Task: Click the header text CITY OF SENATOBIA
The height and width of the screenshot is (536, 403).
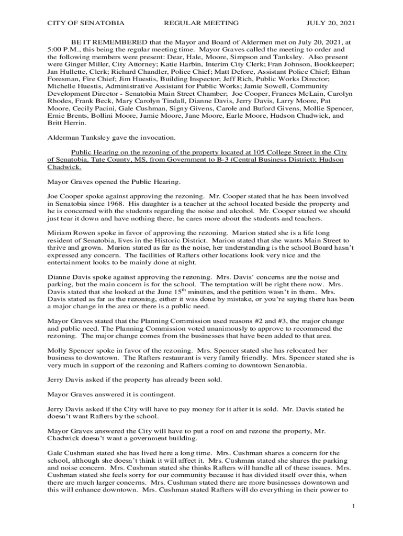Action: (86, 23)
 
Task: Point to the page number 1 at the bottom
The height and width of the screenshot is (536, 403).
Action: (354, 506)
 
